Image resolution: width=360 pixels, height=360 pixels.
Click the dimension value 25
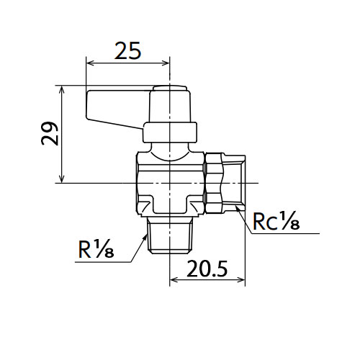pyautogui.click(x=127, y=51)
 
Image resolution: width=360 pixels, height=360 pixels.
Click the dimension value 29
pyautogui.click(x=50, y=134)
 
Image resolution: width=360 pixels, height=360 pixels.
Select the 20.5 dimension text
pyautogui.click(x=207, y=269)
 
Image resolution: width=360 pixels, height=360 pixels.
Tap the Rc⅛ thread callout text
pyautogui.click(x=276, y=222)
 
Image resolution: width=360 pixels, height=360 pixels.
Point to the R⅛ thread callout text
pyautogui.click(x=96, y=248)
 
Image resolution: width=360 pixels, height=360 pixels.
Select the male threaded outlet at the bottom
pyautogui.click(x=170, y=235)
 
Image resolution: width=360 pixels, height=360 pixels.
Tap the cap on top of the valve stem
pyautogui.click(x=170, y=88)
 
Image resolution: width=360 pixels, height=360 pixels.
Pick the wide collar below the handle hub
pyautogui.click(x=170, y=132)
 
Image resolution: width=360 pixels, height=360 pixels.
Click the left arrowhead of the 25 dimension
pyautogui.click(x=90, y=63)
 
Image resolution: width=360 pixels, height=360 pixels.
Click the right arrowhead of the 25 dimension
pyautogui.click(x=166, y=63)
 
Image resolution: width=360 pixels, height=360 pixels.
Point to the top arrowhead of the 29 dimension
pyautogui.click(x=62, y=89)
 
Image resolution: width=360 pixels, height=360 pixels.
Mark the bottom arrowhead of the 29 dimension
pyautogui.click(x=62, y=179)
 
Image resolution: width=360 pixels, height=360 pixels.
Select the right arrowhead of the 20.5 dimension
pyautogui.click(x=241, y=279)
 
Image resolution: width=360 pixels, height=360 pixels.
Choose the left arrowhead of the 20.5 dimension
pyautogui.click(x=174, y=279)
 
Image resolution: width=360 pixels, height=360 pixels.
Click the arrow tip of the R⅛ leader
pyautogui.click(x=146, y=235)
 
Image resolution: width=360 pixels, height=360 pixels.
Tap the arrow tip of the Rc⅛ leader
pyautogui.click(x=236, y=206)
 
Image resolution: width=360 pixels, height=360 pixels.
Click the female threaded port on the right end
pyautogui.click(x=235, y=184)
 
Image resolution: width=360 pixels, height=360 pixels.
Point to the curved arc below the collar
pyautogui.click(x=170, y=160)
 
